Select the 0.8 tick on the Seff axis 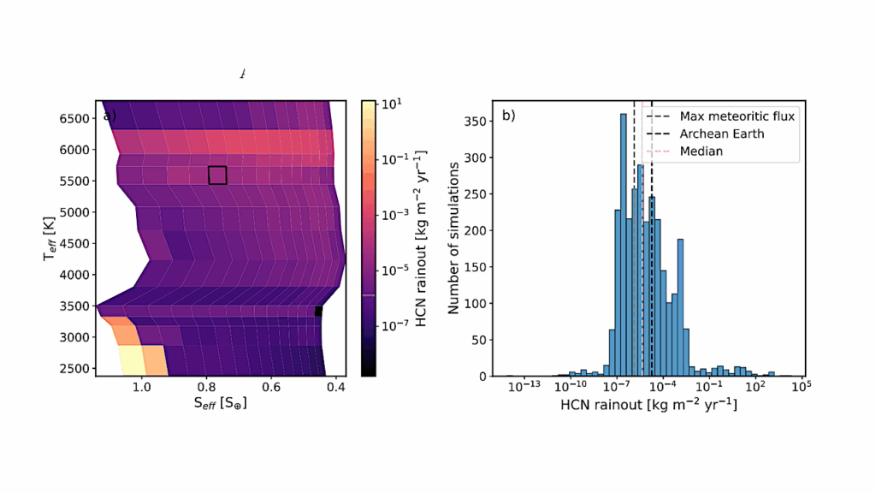pyautogui.click(x=206, y=387)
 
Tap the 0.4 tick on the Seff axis pyautogui.click(x=335, y=387)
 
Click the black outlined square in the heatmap pyautogui.click(x=217, y=175)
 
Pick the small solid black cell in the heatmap pyautogui.click(x=318, y=312)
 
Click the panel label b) pyautogui.click(x=508, y=115)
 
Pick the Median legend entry pyautogui.click(x=701, y=151)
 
